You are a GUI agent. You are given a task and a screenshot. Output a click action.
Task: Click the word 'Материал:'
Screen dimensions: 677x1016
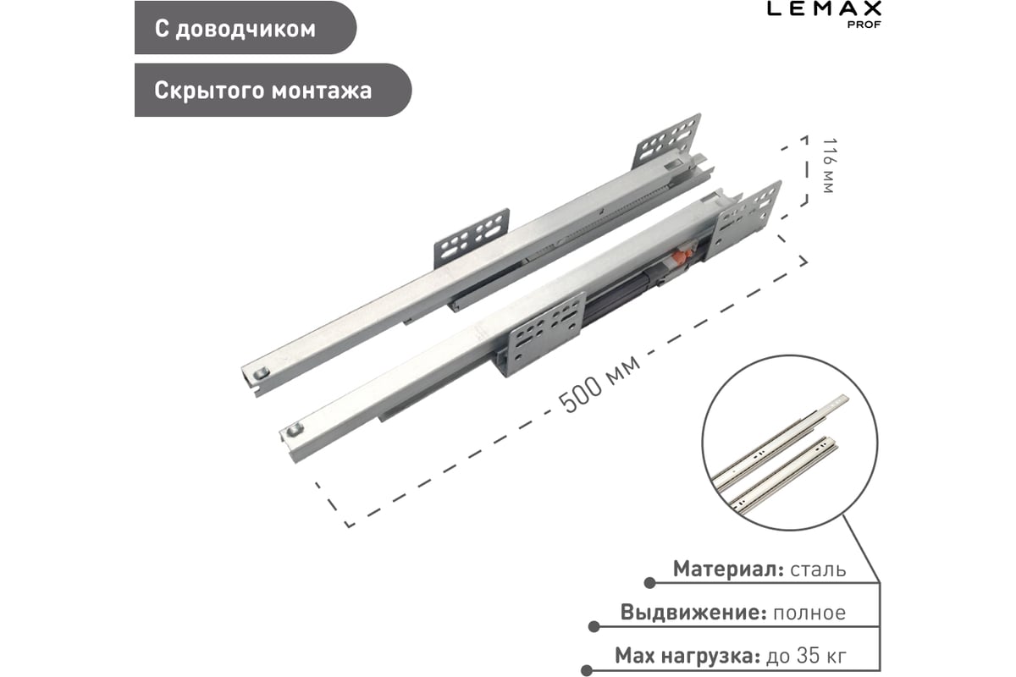727,569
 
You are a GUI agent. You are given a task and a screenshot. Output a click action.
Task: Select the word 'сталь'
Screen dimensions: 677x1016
817,569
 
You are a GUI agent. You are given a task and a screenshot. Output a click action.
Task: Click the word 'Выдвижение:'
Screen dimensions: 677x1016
693,613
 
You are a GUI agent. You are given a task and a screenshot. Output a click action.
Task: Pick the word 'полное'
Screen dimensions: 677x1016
809,613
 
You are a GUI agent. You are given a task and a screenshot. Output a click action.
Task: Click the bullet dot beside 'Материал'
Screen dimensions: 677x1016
649,583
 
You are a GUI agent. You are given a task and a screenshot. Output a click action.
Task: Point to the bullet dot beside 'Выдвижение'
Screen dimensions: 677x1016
594,627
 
